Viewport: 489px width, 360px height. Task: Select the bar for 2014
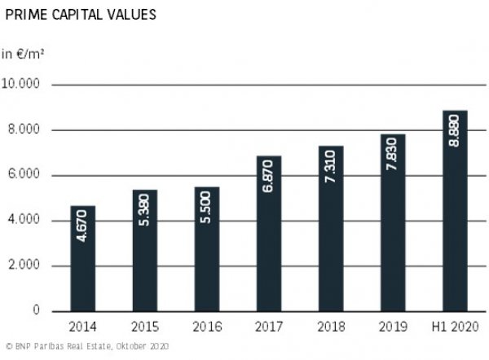point(83,258)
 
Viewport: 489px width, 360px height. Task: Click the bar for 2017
point(268,233)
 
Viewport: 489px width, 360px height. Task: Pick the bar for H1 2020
point(454,211)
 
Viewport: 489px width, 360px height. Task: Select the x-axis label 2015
point(144,327)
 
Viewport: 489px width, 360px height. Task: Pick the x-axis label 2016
point(206,327)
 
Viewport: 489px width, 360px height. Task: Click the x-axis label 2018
point(330,327)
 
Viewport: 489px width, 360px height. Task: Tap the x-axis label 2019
point(392,327)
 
